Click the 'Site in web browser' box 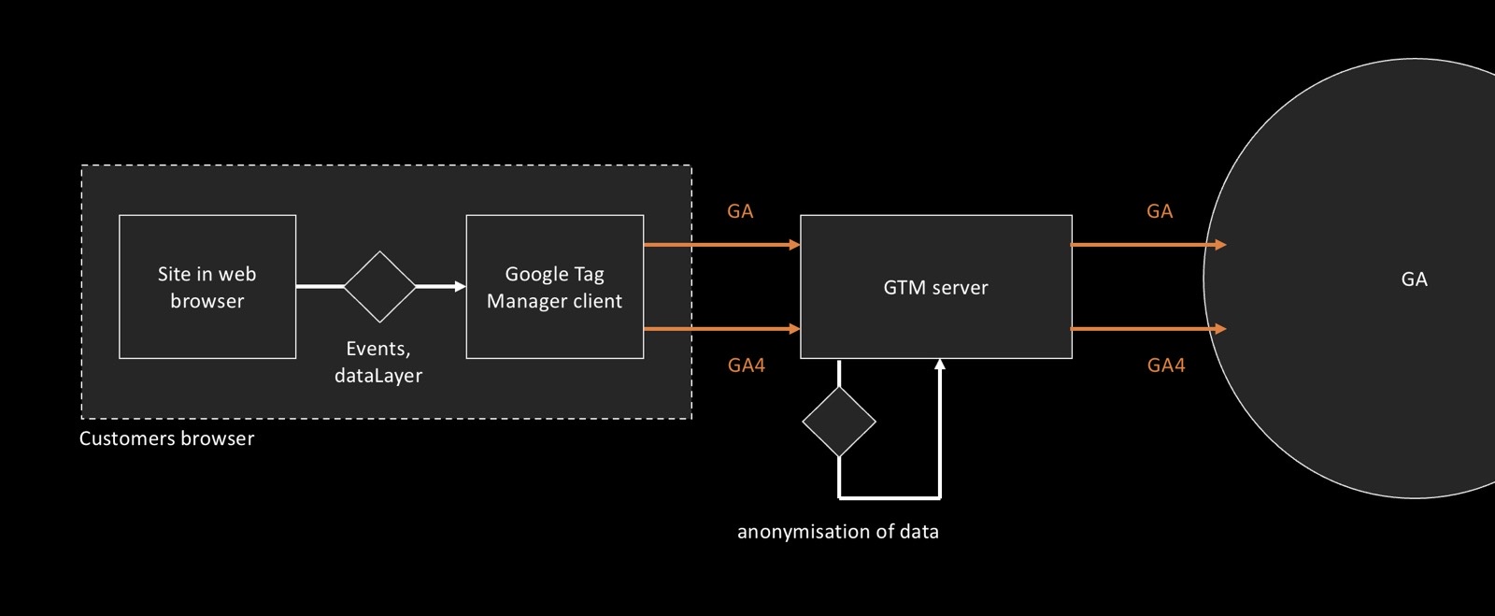pyautogui.click(x=207, y=287)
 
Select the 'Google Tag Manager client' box pyautogui.click(x=554, y=287)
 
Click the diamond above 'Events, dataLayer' pyautogui.click(x=379, y=287)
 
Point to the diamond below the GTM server pyautogui.click(x=839, y=422)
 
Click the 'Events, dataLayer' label pyautogui.click(x=378, y=362)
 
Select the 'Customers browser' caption pyautogui.click(x=166, y=438)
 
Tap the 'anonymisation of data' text pyautogui.click(x=838, y=532)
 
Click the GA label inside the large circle pyautogui.click(x=1414, y=279)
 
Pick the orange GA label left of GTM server pyautogui.click(x=740, y=211)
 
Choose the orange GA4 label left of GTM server pyautogui.click(x=747, y=365)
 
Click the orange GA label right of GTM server pyautogui.click(x=1160, y=211)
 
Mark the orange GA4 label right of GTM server pyautogui.click(x=1166, y=365)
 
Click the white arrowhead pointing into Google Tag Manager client pyautogui.click(x=460, y=287)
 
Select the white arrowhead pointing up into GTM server pyautogui.click(x=940, y=365)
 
